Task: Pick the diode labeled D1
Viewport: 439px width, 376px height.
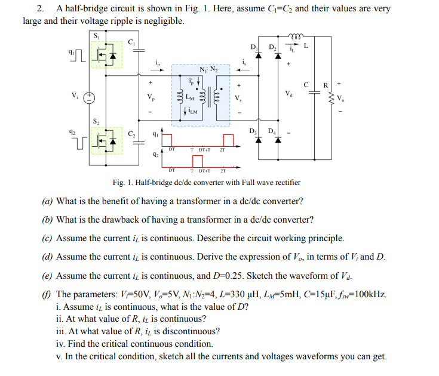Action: tap(259, 56)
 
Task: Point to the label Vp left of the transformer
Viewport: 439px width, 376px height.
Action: tap(151, 97)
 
